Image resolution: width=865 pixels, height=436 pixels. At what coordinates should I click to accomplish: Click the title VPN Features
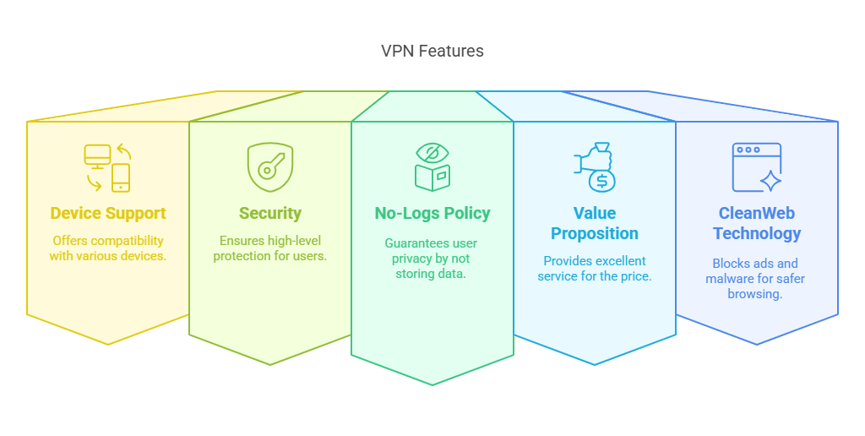pos(432,51)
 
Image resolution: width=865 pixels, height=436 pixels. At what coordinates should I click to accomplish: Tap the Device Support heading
pos(108,214)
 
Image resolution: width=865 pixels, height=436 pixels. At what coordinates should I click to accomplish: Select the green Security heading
pos(270,214)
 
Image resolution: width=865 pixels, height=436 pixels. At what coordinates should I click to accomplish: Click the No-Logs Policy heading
pos(432,214)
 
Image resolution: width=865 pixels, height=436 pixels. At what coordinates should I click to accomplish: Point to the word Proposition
pos(595,234)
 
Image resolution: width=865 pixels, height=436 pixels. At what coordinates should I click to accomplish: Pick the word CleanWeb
pos(757,213)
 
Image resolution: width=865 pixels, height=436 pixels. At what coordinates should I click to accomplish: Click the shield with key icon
pos(270,167)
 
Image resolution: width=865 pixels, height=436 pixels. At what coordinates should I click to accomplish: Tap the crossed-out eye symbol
pos(432,153)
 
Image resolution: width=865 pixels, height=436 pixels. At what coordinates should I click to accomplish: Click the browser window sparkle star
pos(770,181)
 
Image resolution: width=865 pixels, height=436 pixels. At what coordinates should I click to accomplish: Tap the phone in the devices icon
pos(121,177)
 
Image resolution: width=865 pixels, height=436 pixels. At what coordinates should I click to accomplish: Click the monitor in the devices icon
pos(98,156)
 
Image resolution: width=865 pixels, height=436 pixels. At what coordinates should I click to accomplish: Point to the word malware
pos(728,279)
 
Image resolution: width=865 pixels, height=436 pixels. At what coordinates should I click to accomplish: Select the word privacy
pos(411,259)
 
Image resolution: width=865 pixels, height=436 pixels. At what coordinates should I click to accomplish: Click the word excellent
pos(619,261)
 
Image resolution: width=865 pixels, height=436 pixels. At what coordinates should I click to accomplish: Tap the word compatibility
pos(128,241)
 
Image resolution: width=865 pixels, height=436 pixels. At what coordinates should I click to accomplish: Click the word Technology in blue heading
pos(757,234)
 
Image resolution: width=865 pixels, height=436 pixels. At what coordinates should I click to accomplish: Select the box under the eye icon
pos(432,177)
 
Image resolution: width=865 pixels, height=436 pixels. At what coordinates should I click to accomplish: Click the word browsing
pos(754,294)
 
